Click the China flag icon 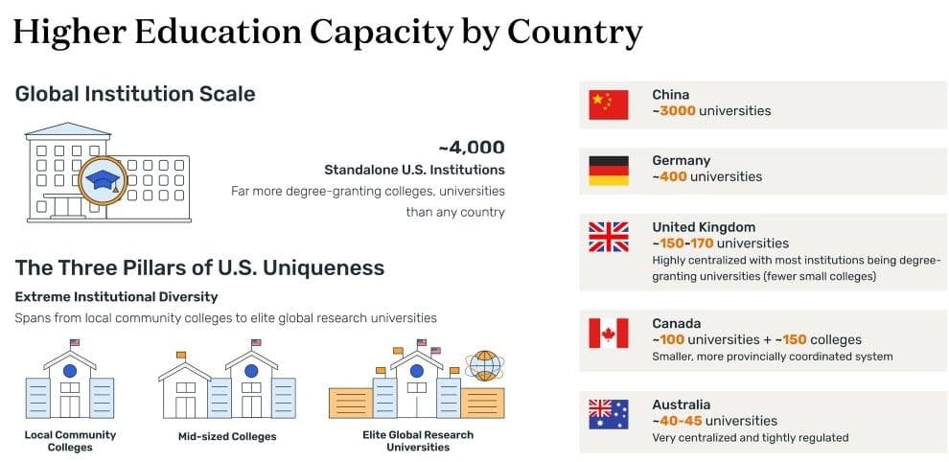tap(609, 104)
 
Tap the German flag tap(609, 171)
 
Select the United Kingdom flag tap(609, 237)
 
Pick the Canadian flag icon tap(609, 333)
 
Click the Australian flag tap(609, 414)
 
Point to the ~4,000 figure tap(472, 148)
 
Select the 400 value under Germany tap(673, 176)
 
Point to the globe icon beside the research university tap(485, 365)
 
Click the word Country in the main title tap(575, 33)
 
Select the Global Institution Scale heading tap(135, 94)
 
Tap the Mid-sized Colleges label tap(227, 436)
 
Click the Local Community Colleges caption tap(70, 441)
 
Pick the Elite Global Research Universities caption tap(418, 441)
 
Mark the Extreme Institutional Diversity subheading tap(116, 297)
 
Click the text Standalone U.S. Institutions tap(414, 170)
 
